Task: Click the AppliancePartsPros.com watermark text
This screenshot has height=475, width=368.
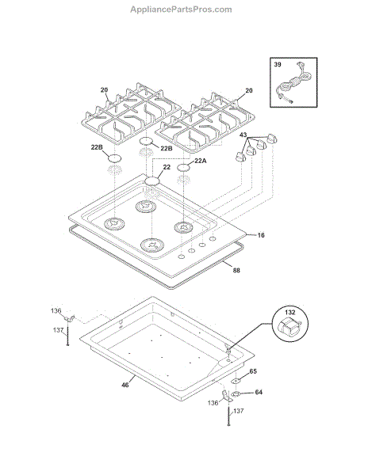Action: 181,9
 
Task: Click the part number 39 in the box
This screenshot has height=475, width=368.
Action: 278,65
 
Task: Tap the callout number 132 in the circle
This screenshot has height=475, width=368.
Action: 290,312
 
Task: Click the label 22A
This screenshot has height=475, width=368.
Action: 200,161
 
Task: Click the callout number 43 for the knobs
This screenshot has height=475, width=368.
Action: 243,135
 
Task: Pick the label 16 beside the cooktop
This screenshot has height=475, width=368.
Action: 261,235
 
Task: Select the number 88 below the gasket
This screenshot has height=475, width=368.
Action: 236,270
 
